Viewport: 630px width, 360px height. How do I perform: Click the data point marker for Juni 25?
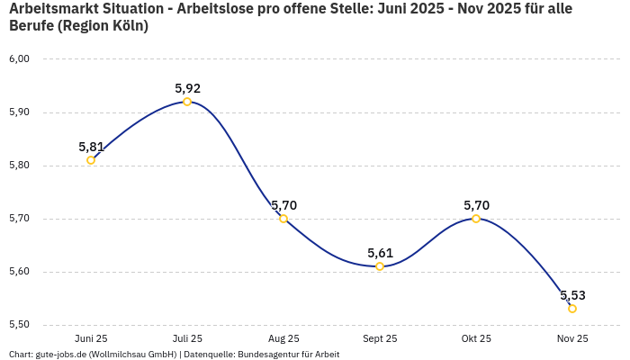pos(91,160)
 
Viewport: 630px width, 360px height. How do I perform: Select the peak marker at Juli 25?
pos(187,102)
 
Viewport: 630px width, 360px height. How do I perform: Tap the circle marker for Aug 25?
pos(283,219)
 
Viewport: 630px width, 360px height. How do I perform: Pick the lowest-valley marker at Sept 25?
pos(380,266)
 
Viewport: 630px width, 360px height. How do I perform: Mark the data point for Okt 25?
pos(476,219)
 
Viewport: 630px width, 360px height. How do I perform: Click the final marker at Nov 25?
pos(572,309)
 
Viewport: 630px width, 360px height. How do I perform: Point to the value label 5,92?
pos(187,88)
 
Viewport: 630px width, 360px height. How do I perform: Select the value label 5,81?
pos(91,147)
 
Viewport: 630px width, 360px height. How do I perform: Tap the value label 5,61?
pos(380,253)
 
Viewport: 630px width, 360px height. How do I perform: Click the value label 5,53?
pos(572,295)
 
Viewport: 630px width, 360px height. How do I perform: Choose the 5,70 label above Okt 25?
pos(476,205)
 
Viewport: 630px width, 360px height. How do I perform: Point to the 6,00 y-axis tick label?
pos(19,59)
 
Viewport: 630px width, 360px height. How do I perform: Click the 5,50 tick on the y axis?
pos(19,325)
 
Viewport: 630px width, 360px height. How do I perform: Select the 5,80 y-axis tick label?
pos(19,166)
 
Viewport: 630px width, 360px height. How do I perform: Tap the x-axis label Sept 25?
pos(380,338)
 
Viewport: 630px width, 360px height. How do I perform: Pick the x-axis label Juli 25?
pos(187,338)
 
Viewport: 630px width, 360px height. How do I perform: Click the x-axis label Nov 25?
pos(572,338)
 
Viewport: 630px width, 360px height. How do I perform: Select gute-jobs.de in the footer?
pos(60,355)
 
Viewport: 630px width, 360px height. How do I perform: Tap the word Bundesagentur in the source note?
pos(267,355)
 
